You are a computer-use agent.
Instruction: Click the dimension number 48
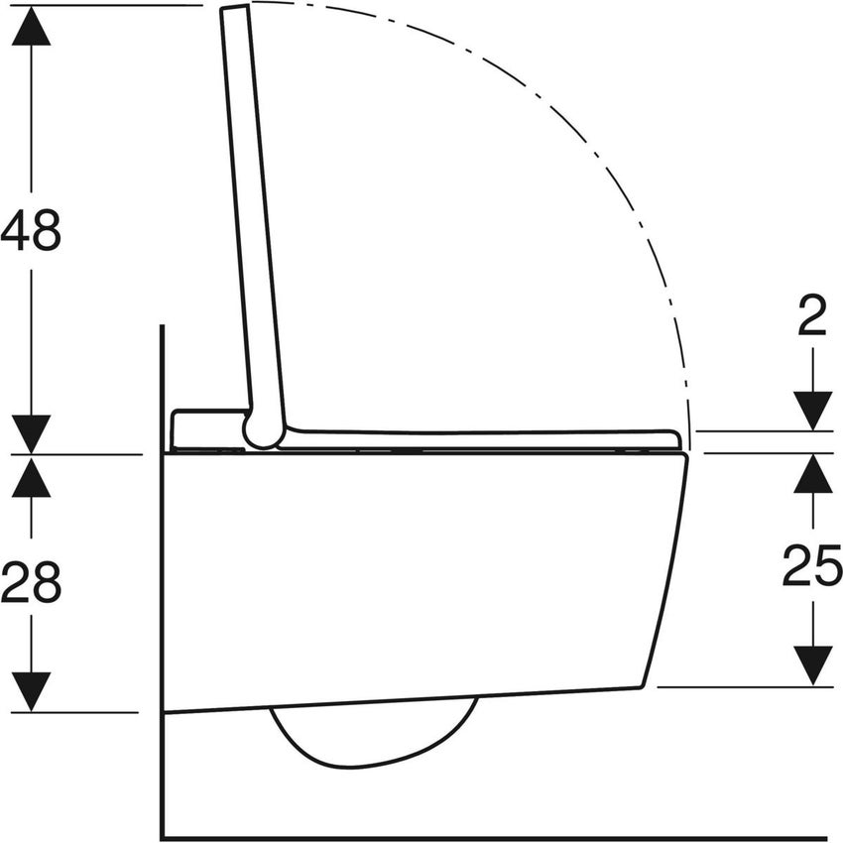(32, 230)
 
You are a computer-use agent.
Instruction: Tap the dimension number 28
(32, 583)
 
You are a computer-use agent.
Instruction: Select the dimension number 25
(812, 567)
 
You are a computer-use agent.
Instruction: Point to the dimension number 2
(812, 318)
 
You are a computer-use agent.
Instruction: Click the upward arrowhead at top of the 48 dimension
(32, 26)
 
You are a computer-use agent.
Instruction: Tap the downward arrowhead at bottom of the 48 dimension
(32, 433)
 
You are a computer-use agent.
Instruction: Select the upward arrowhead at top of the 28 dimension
(32, 476)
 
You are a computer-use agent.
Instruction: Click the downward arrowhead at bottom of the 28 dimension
(32, 691)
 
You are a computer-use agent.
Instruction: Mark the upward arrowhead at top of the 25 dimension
(812, 474)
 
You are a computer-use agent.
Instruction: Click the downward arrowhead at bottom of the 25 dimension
(812, 665)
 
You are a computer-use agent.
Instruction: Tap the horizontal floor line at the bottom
(496, 838)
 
